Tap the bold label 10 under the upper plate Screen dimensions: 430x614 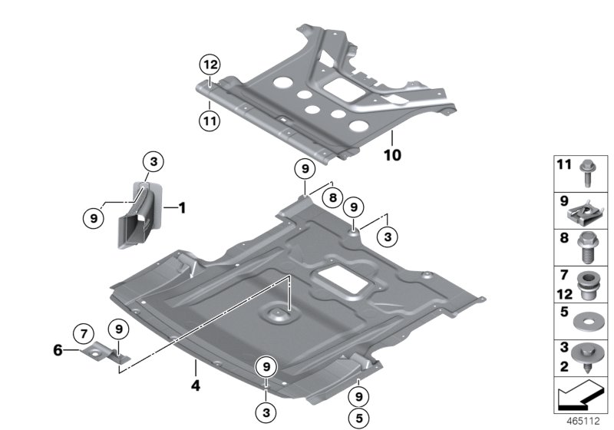[x=392, y=154]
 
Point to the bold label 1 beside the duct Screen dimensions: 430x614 [x=182, y=207]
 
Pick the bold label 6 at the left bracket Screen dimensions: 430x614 [x=58, y=349]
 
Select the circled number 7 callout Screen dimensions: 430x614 [x=83, y=333]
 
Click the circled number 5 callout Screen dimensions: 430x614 [x=358, y=420]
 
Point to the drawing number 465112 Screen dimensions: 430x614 [x=584, y=422]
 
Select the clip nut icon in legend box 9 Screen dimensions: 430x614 [x=590, y=208]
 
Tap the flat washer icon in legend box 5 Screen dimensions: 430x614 [x=590, y=318]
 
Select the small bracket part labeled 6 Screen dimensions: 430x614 [x=101, y=352]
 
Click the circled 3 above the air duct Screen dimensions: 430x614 [x=153, y=162]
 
